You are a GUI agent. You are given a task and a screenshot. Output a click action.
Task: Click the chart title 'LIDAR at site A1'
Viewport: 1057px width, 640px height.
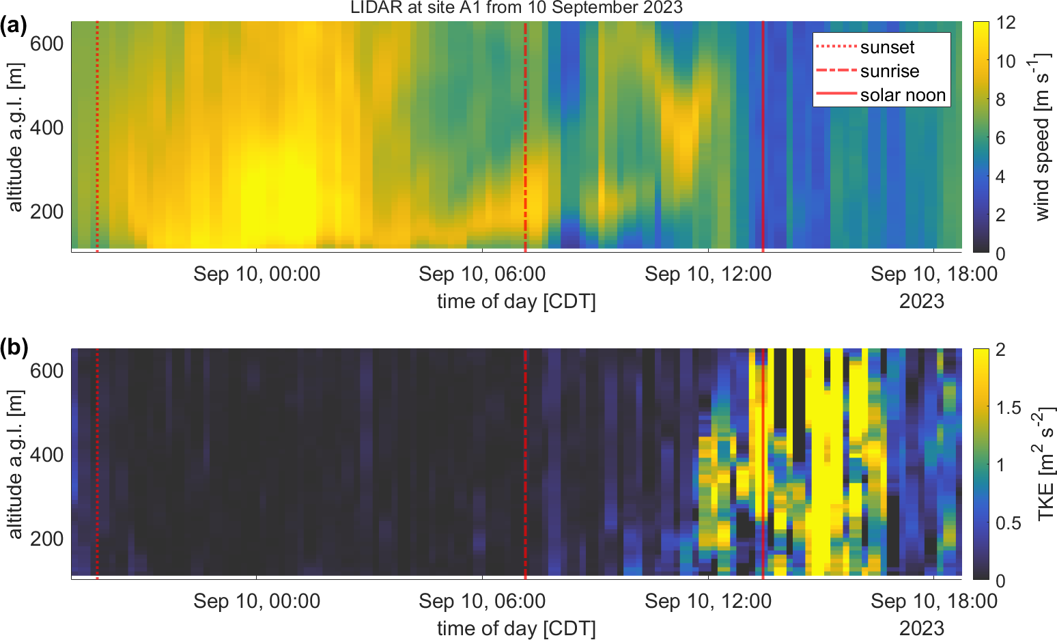click(516, 8)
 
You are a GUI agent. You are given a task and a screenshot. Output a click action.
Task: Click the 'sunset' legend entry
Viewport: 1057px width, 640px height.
click(887, 47)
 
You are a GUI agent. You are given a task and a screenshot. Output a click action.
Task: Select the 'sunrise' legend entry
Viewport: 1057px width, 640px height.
click(889, 71)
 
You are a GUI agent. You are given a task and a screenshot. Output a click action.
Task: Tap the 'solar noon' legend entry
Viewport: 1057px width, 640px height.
click(903, 95)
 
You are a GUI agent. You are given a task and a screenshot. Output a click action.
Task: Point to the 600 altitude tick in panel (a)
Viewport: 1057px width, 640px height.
click(46, 44)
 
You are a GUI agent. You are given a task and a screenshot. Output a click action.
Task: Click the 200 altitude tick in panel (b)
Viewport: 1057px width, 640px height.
click(46, 539)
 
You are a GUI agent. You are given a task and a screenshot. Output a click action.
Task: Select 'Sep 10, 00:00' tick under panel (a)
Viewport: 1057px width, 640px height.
click(257, 275)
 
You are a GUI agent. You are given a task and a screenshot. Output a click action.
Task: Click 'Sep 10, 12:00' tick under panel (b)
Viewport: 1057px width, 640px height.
click(708, 602)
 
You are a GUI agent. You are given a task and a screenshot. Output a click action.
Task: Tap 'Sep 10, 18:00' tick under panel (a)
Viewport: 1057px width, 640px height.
click(934, 275)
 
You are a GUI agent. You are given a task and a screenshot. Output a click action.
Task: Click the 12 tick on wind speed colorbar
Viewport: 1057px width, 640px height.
click(1006, 23)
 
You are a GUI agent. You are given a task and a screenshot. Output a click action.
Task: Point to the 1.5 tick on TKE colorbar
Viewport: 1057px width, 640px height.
click(1009, 408)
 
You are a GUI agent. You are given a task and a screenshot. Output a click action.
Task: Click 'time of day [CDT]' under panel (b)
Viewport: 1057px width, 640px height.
click(516, 628)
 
